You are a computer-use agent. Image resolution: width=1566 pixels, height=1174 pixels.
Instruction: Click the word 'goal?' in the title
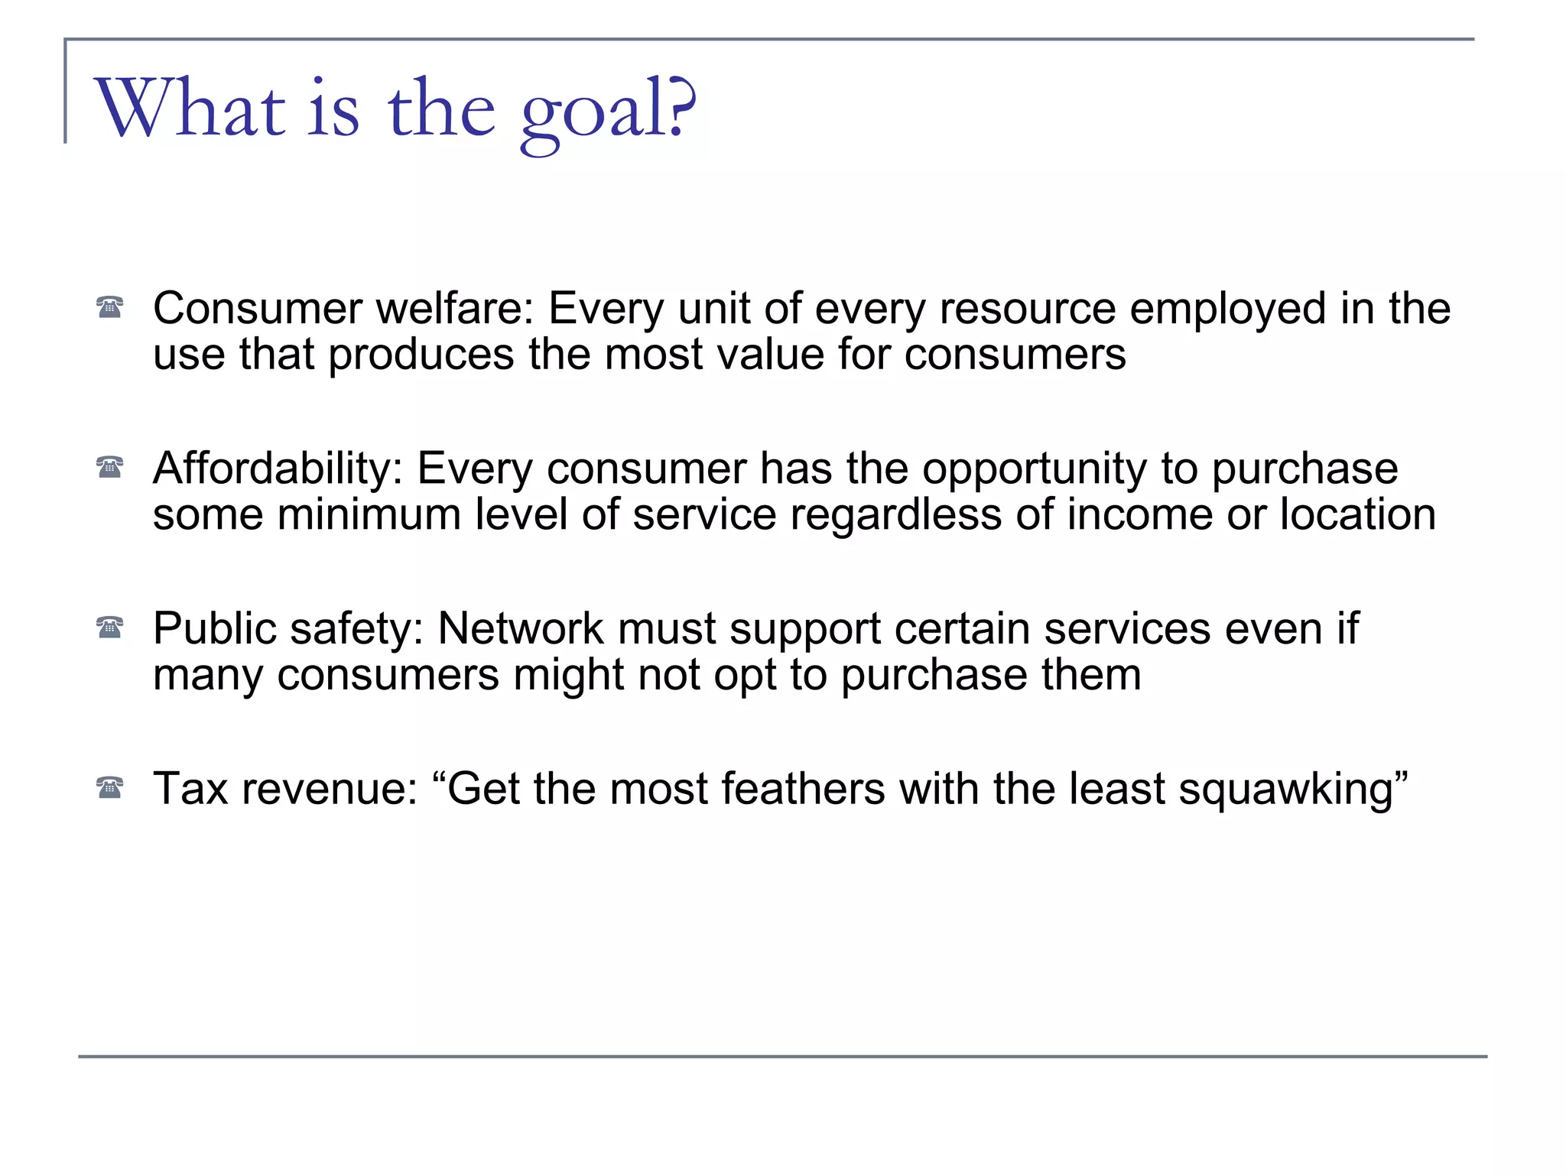click(x=608, y=111)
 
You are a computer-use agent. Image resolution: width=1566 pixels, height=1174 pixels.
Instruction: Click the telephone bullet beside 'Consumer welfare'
click(x=110, y=307)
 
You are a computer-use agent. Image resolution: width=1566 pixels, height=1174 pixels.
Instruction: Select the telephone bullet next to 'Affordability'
click(x=110, y=467)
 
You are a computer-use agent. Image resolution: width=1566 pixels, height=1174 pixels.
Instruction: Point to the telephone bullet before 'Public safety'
click(x=110, y=628)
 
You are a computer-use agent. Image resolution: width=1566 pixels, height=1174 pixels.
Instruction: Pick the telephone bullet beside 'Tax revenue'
click(x=110, y=787)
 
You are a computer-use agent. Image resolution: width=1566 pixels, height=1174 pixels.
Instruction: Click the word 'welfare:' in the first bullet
click(x=455, y=309)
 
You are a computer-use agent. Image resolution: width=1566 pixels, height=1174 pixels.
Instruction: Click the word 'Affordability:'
click(x=278, y=469)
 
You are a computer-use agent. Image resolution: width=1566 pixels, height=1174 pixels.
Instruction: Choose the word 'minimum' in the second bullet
click(x=369, y=515)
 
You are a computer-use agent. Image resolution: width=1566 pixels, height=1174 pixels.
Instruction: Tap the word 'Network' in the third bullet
click(x=521, y=629)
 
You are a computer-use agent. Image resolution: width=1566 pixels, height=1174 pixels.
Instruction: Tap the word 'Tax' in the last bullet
click(x=190, y=789)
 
